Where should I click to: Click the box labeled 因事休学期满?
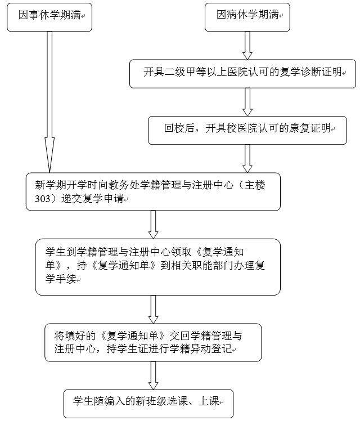[x=49, y=17]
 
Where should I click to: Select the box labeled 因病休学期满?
[x=247, y=17]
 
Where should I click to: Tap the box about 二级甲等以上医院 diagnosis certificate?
[x=242, y=74]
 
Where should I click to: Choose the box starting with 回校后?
[x=247, y=131]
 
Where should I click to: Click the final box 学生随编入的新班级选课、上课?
[x=148, y=404]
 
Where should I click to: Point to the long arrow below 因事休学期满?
[x=49, y=102]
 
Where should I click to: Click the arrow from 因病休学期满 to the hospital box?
[x=247, y=46]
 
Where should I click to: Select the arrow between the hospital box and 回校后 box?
[x=247, y=102]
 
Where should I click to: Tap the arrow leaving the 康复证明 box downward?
[x=247, y=159]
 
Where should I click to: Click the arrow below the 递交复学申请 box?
[x=154, y=225]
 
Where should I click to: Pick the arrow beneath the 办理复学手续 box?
[x=154, y=309]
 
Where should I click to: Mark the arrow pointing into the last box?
[x=154, y=375]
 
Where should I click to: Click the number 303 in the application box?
[x=43, y=199]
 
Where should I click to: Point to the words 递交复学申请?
[x=92, y=199]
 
